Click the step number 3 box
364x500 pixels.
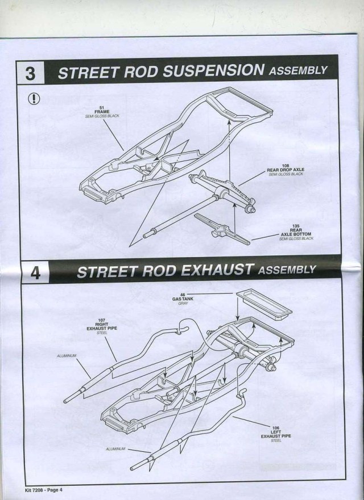click(32, 74)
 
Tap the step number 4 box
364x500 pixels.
click(35, 272)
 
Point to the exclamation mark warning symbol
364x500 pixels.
click(34, 99)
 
